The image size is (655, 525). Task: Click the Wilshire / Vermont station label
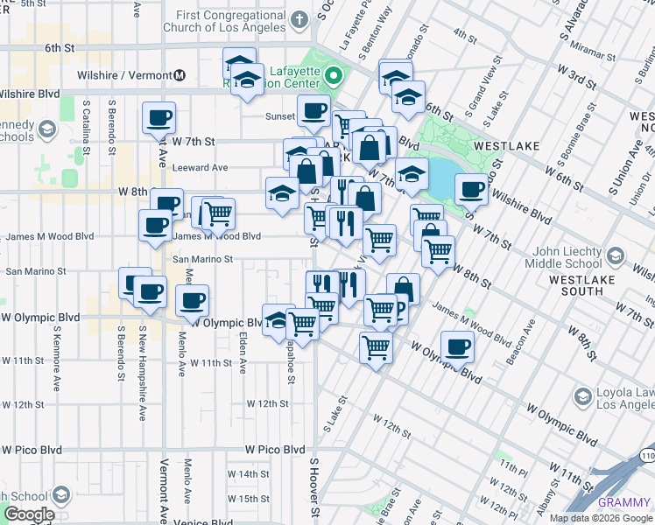click(x=125, y=74)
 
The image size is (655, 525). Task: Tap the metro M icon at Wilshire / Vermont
click(x=180, y=74)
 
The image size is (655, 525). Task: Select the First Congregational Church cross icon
click(x=299, y=19)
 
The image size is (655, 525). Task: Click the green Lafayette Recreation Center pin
click(x=332, y=78)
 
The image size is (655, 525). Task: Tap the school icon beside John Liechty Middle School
click(x=616, y=255)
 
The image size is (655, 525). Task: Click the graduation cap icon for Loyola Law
click(x=581, y=398)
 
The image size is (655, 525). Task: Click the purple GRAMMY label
click(x=625, y=502)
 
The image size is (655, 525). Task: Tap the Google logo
click(x=28, y=515)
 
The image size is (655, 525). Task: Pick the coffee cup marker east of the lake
click(x=471, y=187)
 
